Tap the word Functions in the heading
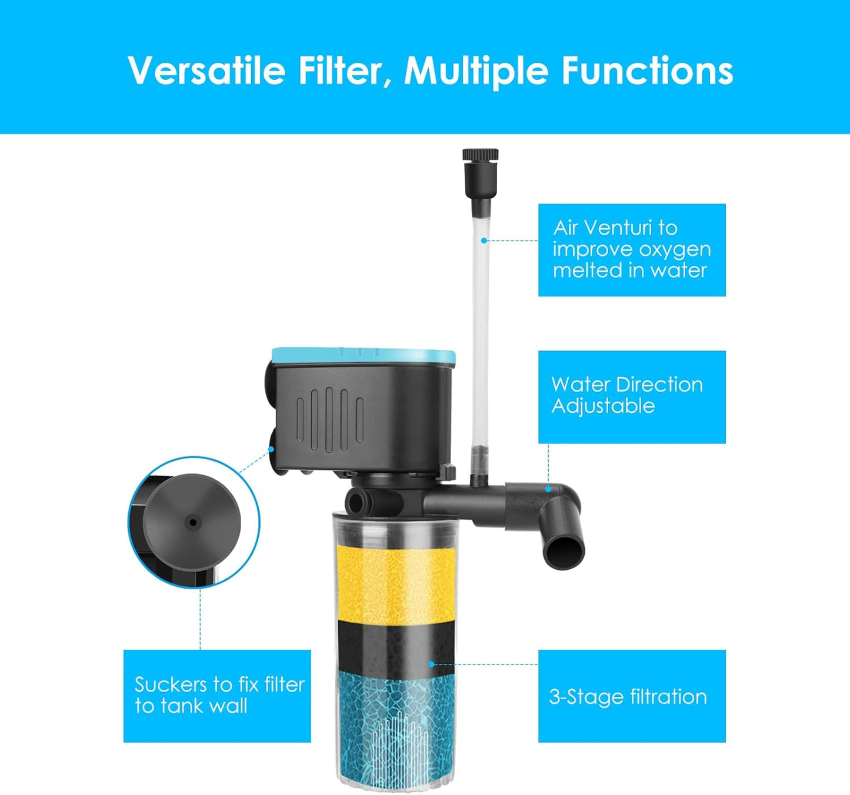coord(647,71)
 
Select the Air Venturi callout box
coord(632,250)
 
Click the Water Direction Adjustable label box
coord(632,397)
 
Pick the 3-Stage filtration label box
coord(632,696)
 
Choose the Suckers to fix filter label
coord(217,696)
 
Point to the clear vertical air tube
coord(481,329)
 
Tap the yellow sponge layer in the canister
coord(395,582)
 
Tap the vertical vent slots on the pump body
coord(329,419)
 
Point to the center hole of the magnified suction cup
coord(192,522)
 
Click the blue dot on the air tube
coord(484,240)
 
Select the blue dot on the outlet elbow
coord(548,489)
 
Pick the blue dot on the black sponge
coord(431,664)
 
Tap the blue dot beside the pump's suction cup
coord(271,449)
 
